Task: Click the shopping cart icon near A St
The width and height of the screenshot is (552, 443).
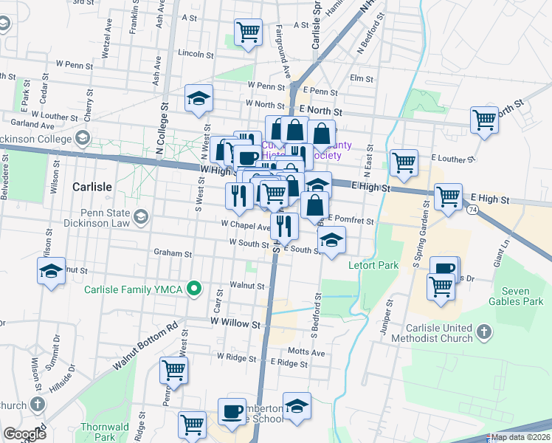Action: click(x=249, y=32)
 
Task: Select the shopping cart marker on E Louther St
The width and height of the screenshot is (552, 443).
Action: click(x=404, y=162)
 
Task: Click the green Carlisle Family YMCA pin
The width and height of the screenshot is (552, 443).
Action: click(x=195, y=288)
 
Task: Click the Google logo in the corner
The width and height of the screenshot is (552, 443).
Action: click(x=24, y=433)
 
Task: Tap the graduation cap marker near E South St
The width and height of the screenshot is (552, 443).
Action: click(x=332, y=239)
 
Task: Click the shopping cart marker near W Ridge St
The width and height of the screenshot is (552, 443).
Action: click(x=174, y=371)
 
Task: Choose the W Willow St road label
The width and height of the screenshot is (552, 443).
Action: click(x=236, y=323)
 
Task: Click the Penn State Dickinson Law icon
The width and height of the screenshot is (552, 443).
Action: click(x=141, y=216)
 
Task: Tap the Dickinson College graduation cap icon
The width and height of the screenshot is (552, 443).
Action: click(x=83, y=137)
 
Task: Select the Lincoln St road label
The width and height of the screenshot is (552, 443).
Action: click(x=196, y=54)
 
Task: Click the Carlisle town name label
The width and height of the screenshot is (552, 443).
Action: click(x=92, y=187)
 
